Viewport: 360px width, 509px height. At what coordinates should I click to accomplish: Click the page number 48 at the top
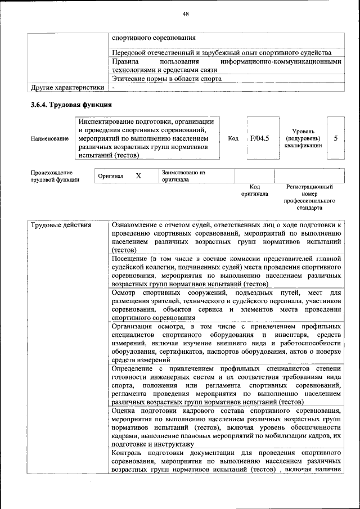pos(185,13)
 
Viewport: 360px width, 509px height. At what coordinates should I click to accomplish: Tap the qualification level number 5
pos(335,138)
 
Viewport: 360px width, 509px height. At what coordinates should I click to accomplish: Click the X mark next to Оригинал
pos(138,176)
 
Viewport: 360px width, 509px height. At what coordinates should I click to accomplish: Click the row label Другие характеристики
pos(67,88)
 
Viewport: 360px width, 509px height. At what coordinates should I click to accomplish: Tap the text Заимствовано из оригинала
pos(183,176)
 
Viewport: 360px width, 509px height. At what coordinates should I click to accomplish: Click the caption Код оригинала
pos(254,190)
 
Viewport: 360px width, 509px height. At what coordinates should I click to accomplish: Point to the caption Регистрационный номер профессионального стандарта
pos(309,197)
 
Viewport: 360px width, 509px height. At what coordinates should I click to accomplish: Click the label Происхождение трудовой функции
pos(55,176)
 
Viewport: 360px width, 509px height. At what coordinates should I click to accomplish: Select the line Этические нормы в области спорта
pos(166,79)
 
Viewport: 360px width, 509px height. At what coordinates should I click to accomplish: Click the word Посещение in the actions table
pos(130,258)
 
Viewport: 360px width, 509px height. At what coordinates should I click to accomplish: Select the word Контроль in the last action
pos(128,453)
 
